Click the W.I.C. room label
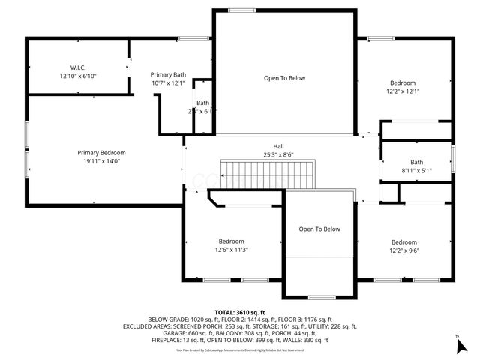pyautogui.click(x=79, y=67)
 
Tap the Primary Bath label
pyautogui.click(x=168, y=74)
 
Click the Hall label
pyautogui.click(x=278, y=146)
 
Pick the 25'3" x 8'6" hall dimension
pyautogui.click(x=278, y=154)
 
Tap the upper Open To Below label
pyautogui.click(x=284, y=78)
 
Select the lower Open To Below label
pyautogui.click(x=319, y=229)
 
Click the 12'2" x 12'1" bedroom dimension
pyautogui.click(x=403, y=91)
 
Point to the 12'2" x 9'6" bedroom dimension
pyautogui.click(x=403, y=250)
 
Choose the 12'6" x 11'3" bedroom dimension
pyautogui.click(x=231, y=250)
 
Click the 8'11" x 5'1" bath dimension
pyautogui.click(x=416, y=171)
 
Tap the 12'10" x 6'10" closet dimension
pyautogui.click(x=79, y=76)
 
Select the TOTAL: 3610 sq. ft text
pyautogui.click(x=240, y=312)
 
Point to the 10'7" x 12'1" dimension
pyautogui.click(x=168, y=83)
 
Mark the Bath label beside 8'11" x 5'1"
pyautogui.click(x=416, y=163)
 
